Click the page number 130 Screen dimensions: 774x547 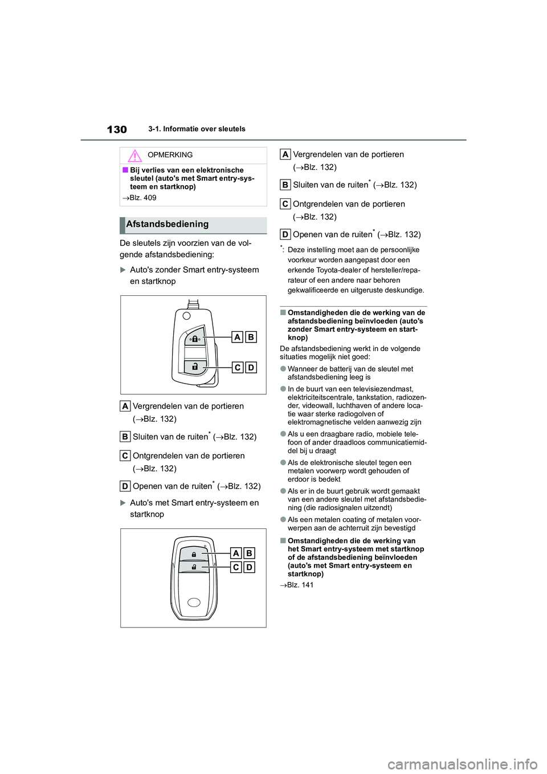click(x=117, y=129)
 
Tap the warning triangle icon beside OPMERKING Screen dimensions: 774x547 click(x=134, y=155)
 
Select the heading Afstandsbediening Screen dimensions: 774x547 click(x=168, y=225)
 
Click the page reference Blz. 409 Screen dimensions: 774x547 click(x=142, y=198)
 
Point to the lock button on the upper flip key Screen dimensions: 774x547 click(x=195, y=338)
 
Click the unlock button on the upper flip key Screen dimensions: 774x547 click(x=195, y=366)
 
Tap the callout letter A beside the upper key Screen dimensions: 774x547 click(x=238, y=337)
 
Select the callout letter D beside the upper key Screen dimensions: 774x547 click(x=251, y=368)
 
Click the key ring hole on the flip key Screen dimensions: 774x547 click(x=186, y=316)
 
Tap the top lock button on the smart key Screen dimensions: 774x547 click(x=194, y=553)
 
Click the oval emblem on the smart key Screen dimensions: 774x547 click(x=194, y=602)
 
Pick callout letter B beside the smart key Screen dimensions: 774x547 click(x=249, y=553)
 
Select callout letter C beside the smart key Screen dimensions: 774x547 click(x=236, y=567)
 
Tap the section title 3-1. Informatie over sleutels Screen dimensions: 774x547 click(x=197, y=129)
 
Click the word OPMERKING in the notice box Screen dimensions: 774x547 click(x=170, y=155)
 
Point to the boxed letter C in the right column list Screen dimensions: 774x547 click(x=285, y=204)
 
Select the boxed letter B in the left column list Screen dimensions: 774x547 click(x=125, y=437)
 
